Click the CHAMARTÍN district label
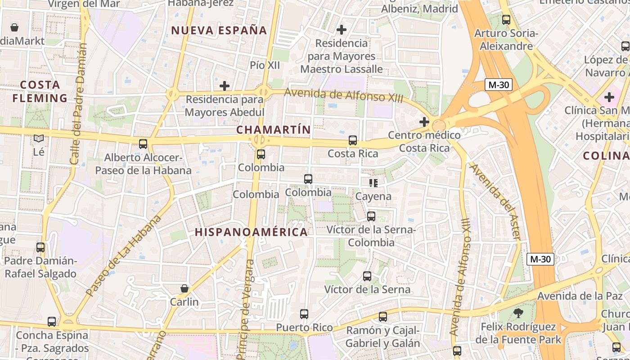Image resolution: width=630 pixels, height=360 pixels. (274, 130)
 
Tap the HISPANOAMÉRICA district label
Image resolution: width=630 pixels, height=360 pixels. (251, 232)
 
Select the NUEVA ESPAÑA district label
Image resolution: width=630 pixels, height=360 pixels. (219, 31)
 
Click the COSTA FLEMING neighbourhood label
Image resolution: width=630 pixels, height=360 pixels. (40, 91)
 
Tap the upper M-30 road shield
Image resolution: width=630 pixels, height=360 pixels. (499, 85)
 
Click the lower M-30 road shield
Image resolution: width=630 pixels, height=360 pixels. (540, 259)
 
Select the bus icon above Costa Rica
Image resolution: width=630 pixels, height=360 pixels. (353, 140)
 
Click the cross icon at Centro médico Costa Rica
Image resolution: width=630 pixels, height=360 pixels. (424, 121)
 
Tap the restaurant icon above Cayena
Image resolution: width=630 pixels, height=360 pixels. (373, 183)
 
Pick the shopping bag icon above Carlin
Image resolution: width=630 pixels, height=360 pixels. (184, 288)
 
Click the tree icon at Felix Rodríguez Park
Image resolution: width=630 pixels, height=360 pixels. (518, 313)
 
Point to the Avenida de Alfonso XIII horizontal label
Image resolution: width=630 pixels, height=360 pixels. (344, 95)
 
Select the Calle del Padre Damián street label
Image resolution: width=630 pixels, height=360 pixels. (78, 103)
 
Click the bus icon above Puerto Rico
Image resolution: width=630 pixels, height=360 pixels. (304, 314)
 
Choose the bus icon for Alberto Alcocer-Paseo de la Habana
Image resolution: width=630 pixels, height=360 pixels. (143, 144)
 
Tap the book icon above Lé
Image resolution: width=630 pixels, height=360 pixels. (39, 139)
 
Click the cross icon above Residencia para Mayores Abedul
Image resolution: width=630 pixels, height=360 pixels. (224, 85)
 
